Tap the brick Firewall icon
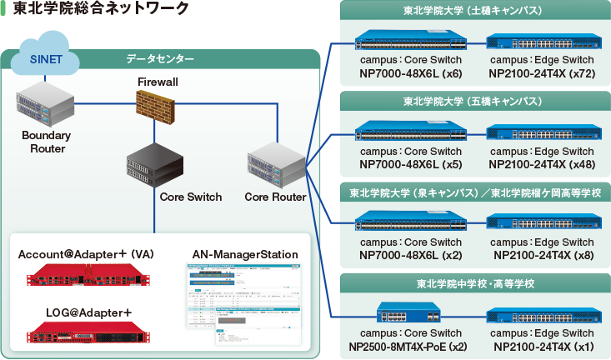click(158, 107)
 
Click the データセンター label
click(160, 60)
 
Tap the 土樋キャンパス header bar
click(473, 12)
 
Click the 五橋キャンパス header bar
click(473, 102)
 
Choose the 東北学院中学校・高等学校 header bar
click(473, 284)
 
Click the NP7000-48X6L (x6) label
click(410, 73)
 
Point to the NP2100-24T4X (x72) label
click(543, 73)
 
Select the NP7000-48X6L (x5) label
click(410, 164)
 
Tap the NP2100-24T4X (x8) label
click(543, 255)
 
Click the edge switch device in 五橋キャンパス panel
click(543, 132)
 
